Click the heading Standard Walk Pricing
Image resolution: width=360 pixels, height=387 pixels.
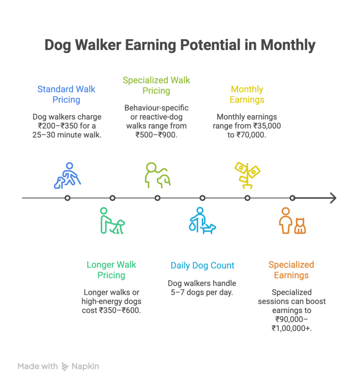click(66, 94)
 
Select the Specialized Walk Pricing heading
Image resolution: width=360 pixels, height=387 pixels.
click(156, 85)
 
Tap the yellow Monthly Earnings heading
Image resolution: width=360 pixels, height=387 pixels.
click(247, 94)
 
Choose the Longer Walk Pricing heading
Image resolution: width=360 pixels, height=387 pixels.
click(111, 270)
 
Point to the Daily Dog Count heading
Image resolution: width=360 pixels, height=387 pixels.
click(202, 265)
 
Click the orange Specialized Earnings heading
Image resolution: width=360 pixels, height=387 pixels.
click(291, 270)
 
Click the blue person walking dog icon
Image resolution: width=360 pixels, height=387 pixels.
click(67, 175)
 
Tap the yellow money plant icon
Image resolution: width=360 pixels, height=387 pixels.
click(247, 175)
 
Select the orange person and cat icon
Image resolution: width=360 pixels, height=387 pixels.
click(292, 220)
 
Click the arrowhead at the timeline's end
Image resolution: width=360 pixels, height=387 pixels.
click(334, 198)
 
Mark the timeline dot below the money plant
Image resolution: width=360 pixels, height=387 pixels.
click(247, 198)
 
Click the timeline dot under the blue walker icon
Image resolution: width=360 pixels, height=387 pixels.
click(67, 198)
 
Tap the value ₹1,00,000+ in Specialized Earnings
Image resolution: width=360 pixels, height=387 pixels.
click(292, 328)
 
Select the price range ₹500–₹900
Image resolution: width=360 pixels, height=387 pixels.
click(156, 135)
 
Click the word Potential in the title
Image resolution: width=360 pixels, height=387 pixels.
click(210, 45)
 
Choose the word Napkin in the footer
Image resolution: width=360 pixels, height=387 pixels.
click(85, 366)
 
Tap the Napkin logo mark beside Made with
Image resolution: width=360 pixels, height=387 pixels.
click(65, 367)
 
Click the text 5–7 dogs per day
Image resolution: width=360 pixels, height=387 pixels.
click(202, 292)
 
